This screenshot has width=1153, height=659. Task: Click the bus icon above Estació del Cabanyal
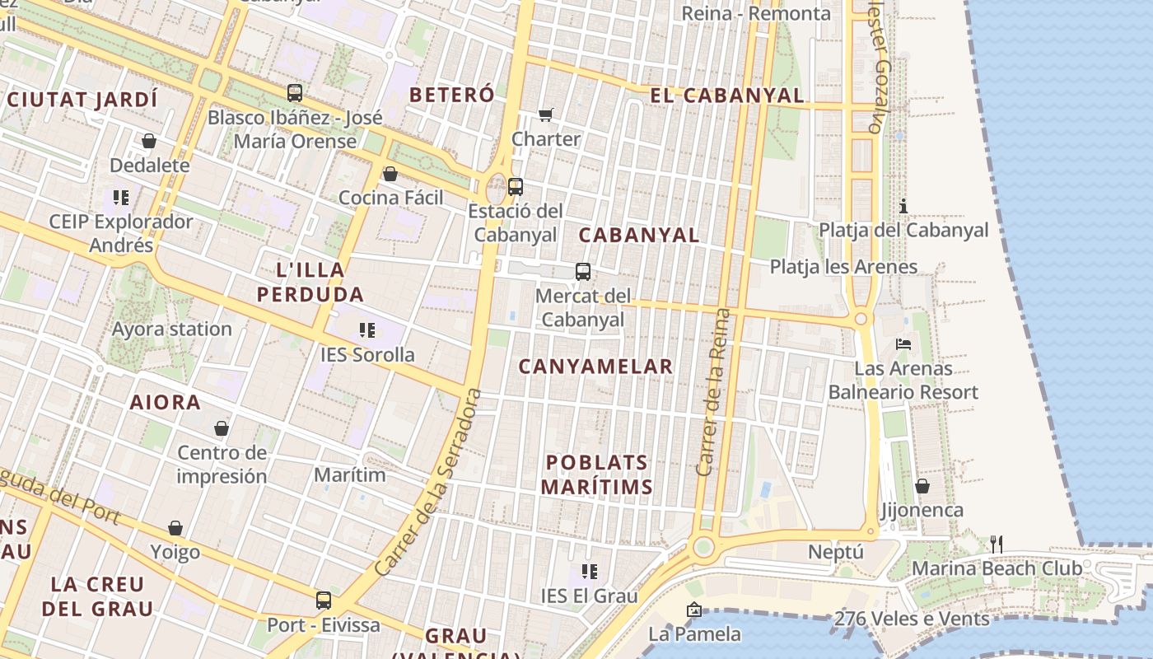click(x=516, y=187)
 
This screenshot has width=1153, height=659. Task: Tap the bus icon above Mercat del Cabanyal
click(x=583, y=271)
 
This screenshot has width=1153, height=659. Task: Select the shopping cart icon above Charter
click(x=546, y=115)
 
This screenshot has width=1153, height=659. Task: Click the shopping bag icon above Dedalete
click(x=149, y=141)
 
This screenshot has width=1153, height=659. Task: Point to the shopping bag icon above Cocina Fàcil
click(x=390, y=174)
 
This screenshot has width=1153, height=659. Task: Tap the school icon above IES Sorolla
click(x=367, y=330)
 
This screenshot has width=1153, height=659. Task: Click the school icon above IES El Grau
click(x=589, y=571)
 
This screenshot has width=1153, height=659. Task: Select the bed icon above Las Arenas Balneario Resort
click(x=903, y=344)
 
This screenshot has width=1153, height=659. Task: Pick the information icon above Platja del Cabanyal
click(x=903, y=205)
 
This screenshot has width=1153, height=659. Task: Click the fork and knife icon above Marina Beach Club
click(x=997, y=544)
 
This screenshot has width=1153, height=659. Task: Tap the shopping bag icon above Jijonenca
click(x=922, y=486)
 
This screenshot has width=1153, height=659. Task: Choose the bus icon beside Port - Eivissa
click(x=324, y=601)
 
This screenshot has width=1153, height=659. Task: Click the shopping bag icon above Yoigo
click(x=175, y=528)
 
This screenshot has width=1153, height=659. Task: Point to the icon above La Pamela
click(x=694, y=610)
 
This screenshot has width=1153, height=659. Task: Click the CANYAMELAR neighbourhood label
click(x=595, y=367)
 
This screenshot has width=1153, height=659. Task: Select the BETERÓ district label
click(x=452, y=95)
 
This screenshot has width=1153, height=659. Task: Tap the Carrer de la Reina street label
click(x=713, y=392)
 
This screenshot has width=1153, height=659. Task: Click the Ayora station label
click(x=172, y=329)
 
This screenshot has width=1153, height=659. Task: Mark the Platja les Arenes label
click(x=843, y=267)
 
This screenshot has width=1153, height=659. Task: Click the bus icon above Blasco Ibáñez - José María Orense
click(x=295, y=93)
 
